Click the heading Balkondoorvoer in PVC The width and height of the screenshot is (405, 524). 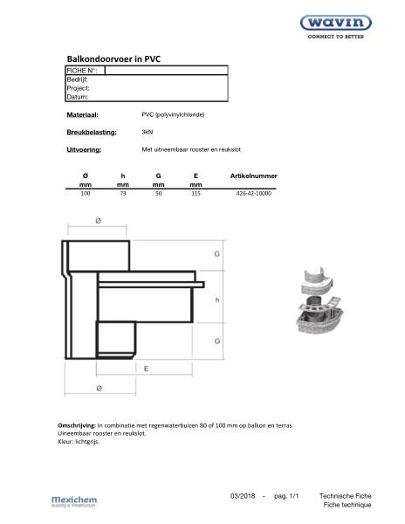(x=114, y=59)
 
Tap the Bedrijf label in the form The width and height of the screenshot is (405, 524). (x=78, y=79)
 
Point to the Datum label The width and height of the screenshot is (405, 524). (x=78, y=97)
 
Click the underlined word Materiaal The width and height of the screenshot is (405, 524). (x=83, y=114)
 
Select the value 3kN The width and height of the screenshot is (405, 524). (x=148, y=132)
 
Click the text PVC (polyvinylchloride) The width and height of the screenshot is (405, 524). (x=173, y=114)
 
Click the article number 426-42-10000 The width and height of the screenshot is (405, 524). (x=254, y=193)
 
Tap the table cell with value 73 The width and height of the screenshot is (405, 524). (x=123, y=193)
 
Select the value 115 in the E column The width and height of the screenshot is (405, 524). (x=196, y=193)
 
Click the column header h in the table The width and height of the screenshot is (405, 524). (x=122, y=176)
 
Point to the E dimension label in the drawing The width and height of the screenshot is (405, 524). (x=146, y=369)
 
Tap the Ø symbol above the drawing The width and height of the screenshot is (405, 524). (x=97, y=222)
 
